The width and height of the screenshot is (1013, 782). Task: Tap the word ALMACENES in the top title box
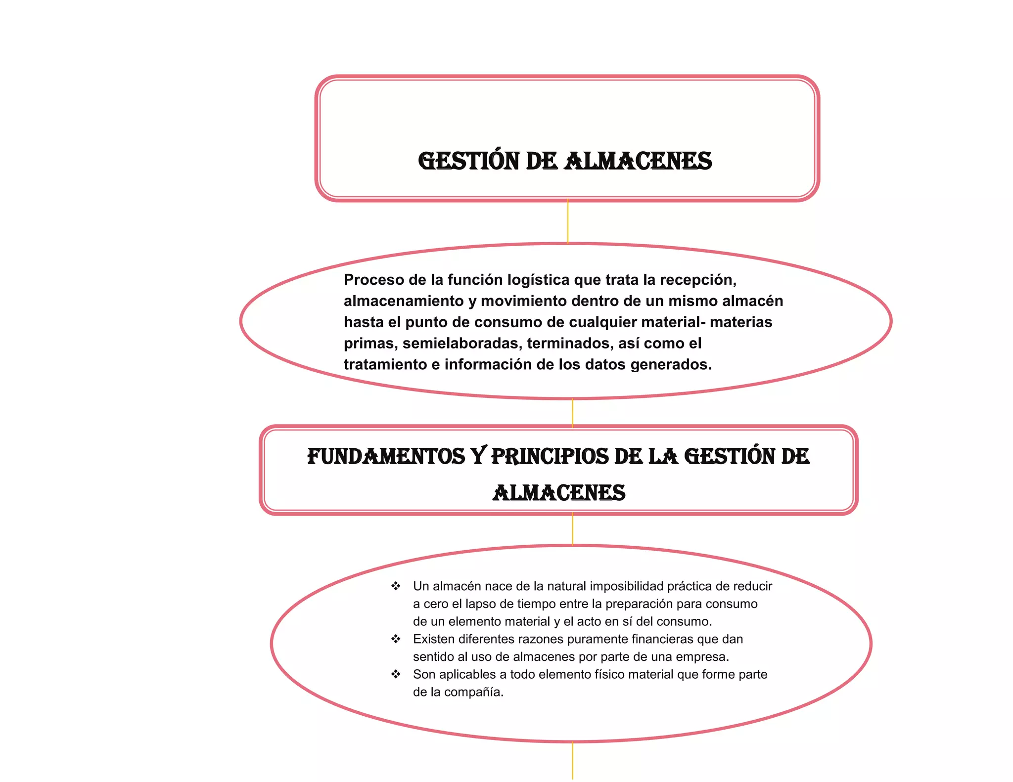pos(638,162)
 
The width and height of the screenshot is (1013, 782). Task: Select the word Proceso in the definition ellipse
pos(374,280)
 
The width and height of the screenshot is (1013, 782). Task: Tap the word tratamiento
pos(385,365)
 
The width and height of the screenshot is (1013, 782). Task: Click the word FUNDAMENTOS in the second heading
pos(386,456)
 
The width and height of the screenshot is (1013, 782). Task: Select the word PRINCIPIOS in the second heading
pos(550,456)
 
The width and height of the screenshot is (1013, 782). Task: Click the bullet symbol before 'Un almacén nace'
pos(396,586)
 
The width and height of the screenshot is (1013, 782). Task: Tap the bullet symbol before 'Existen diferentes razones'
pos(396,639)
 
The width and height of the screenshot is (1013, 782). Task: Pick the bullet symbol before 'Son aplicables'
pos(396,674)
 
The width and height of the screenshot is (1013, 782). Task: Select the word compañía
pos(474,692)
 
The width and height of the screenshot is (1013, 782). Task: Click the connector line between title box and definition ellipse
pos(568,221)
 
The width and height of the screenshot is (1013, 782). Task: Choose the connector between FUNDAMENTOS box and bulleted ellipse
pos(573,529)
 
